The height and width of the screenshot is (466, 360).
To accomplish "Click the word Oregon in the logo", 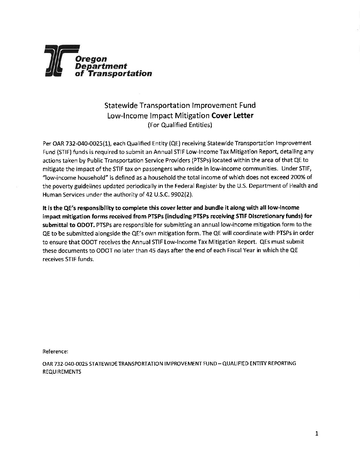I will pos(91,59).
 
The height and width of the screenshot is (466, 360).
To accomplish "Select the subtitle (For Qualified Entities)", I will pos(180,125).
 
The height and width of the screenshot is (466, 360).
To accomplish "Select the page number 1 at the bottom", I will pos(317,434).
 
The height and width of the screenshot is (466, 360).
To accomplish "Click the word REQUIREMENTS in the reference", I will pos(62,372).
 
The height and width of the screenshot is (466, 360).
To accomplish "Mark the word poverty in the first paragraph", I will pos(62,186).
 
